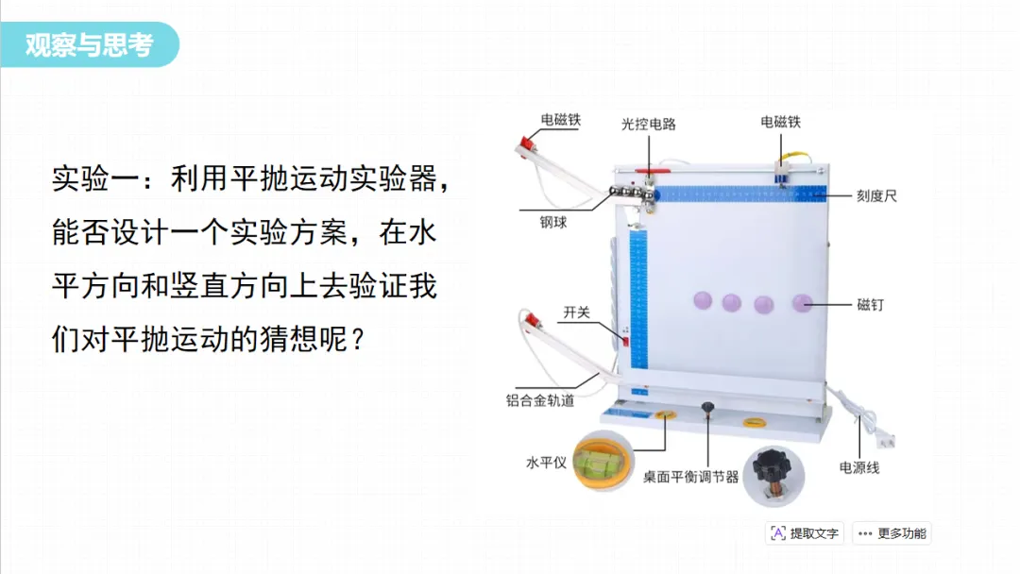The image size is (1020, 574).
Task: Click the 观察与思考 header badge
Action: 90,44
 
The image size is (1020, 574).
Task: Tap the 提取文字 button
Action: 805,533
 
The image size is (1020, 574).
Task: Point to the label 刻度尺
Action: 876,196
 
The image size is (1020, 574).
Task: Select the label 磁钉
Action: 871,304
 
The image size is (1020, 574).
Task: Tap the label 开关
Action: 576,312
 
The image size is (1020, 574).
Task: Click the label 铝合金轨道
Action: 540,400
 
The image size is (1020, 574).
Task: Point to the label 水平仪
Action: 546,463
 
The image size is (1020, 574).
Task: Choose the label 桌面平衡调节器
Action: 690,477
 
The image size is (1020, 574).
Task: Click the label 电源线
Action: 858,466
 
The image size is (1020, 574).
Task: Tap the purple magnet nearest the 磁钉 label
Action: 802,303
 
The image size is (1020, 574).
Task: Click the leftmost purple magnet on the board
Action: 702,300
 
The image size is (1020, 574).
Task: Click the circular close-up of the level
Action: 602,460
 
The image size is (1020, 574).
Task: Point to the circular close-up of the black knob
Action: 773,475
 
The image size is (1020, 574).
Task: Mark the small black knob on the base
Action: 706,409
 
